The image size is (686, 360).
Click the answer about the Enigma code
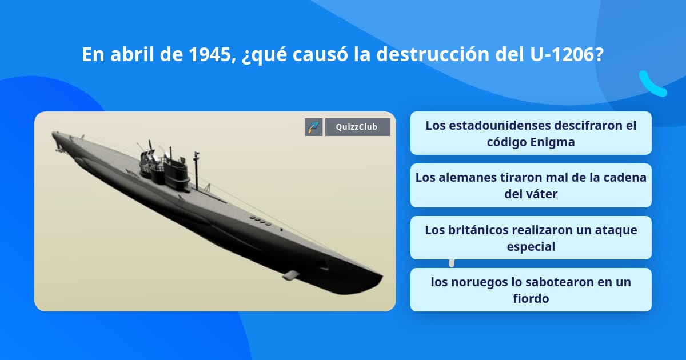click(x=531, y=133)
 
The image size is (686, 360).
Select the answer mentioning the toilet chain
click(x=531, y=185)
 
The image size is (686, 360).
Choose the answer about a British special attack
click(x=531, y=238)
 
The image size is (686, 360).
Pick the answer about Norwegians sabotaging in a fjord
click(x=531, y=290)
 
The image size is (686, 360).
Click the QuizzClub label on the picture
click(x=357, y=127)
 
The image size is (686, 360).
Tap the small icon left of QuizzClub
click(x=313, y=127)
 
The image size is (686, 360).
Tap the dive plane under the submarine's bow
click(x=291, y=274)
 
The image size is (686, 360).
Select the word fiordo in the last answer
click(x=531, y=298)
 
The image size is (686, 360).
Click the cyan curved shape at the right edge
click(x=652, y=85)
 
